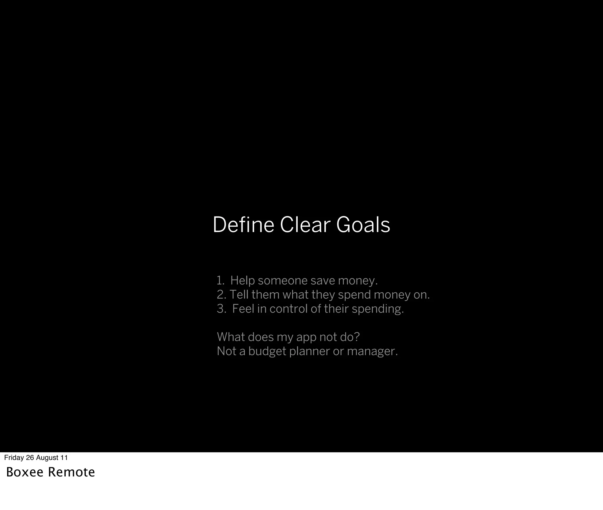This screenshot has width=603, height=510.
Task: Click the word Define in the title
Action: pos(243,225)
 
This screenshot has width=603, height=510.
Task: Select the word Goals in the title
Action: pos(363,225)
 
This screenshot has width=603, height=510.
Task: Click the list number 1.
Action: pos(220,281)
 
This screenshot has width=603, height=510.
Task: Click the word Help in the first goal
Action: pos(242,281)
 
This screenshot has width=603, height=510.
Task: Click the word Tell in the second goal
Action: pos(239,295)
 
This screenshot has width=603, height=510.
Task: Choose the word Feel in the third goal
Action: pos(243,309)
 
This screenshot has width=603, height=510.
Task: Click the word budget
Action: pos(267,352)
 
